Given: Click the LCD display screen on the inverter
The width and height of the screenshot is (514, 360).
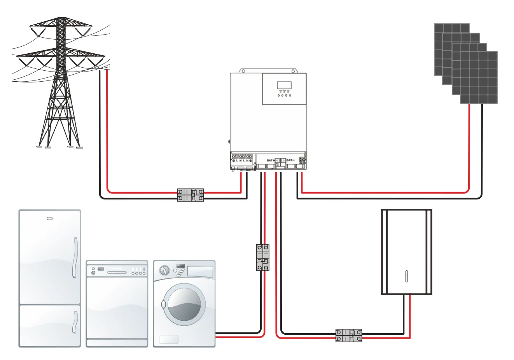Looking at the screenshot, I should click(x=284, y=85).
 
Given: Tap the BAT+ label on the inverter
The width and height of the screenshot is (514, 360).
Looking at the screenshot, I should click(x=270, y=160).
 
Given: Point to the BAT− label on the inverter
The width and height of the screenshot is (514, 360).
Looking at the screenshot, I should click(x=290, y=160).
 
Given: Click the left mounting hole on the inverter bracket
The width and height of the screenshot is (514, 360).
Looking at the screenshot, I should click(x=243, y=71).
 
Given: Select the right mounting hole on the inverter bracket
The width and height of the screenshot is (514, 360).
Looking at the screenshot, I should click(x=294, y=71).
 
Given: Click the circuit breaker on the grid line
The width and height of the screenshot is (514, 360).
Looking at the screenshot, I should click(x=191, y=195).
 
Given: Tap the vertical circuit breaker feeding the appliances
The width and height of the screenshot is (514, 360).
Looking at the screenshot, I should click(x=263, y=257).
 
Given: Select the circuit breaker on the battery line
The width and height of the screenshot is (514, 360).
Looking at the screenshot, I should click(x=349, y=336).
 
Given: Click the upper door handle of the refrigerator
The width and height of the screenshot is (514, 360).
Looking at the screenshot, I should click(x=75, y=257).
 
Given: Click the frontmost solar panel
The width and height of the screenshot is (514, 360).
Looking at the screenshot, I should click(x=479, y=78).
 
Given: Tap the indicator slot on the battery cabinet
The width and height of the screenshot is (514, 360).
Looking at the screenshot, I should click(x=406, y=276).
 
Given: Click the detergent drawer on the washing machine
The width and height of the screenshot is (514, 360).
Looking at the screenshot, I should click(x=200, y=271).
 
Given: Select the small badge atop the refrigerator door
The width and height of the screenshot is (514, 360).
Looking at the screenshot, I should click(x=50, y=218).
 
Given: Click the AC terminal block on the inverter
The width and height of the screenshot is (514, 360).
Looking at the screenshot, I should click(x=242, y=159).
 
